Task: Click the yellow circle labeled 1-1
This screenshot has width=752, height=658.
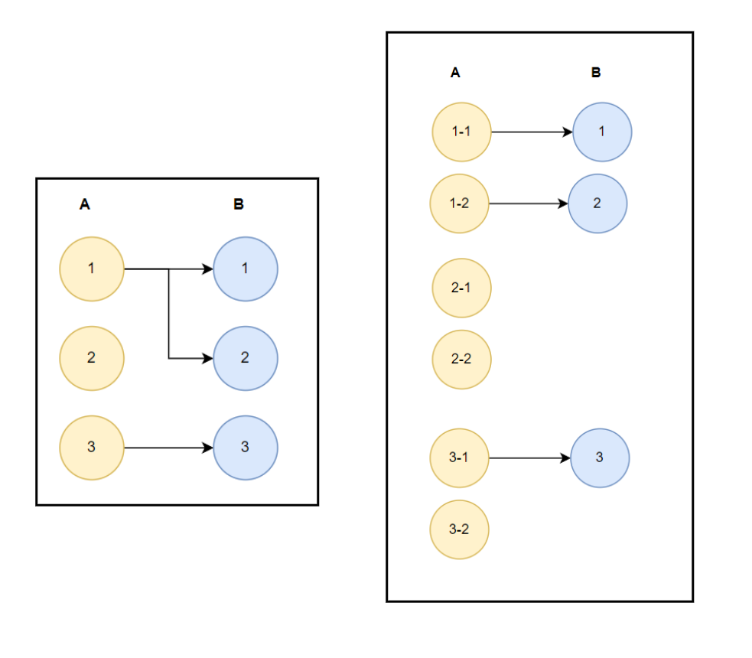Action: [461, 132]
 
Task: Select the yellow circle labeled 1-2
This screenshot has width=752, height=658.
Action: [459, 204]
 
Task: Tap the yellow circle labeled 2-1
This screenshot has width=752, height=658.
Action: [461, 288]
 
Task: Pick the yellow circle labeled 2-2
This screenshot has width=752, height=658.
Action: [461, 359]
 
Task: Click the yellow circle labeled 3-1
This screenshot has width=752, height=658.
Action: [459, 458]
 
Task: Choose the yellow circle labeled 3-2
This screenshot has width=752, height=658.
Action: [459, 529]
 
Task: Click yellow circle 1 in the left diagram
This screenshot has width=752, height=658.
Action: [92, 269]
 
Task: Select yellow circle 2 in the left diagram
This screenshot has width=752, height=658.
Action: [92, 358]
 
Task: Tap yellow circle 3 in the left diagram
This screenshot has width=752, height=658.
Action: [92, 448]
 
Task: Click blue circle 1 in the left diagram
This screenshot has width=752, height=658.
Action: [246, 269]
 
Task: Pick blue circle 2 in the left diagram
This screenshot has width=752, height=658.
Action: [246, 358]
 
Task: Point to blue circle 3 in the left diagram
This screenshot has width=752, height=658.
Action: [246, 448]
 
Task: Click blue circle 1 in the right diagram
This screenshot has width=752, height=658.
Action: [602, 132]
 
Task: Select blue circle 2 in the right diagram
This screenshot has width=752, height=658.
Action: [597, 204]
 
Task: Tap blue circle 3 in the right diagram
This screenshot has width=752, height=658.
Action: [600, 458]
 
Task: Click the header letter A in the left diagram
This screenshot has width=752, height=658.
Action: [85, 204]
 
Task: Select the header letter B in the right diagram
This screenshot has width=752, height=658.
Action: [596, 73]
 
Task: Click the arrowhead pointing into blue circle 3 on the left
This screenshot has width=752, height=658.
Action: [207, 448]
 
